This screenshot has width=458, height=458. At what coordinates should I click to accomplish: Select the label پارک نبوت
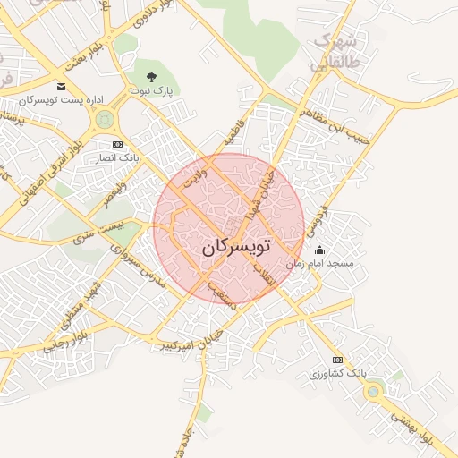(148, 91)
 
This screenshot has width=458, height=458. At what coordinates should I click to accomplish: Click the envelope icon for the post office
(60, 87)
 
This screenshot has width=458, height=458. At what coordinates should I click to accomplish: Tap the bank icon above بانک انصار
(117, 144)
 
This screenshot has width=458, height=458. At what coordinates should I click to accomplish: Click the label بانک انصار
(117, 157)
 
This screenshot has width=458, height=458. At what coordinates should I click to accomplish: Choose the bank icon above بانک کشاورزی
(337, 360)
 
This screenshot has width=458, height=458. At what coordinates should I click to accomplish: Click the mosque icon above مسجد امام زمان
(320, 250)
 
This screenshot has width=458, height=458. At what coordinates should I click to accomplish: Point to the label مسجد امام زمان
(319, 264)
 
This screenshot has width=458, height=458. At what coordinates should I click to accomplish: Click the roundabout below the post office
(106, 118)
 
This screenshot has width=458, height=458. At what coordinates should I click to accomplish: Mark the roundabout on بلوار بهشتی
(371, 391)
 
